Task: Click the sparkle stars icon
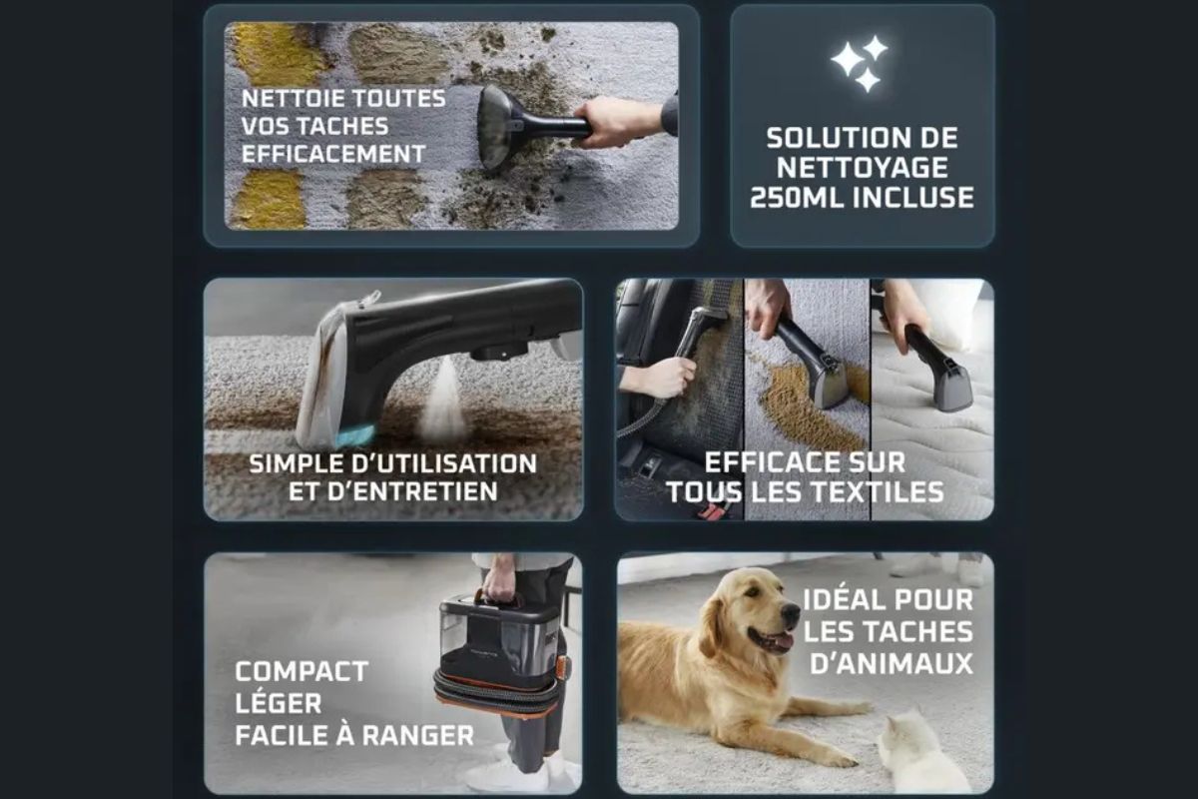tap(860, 63)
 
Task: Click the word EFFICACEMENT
tap(333, 154)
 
